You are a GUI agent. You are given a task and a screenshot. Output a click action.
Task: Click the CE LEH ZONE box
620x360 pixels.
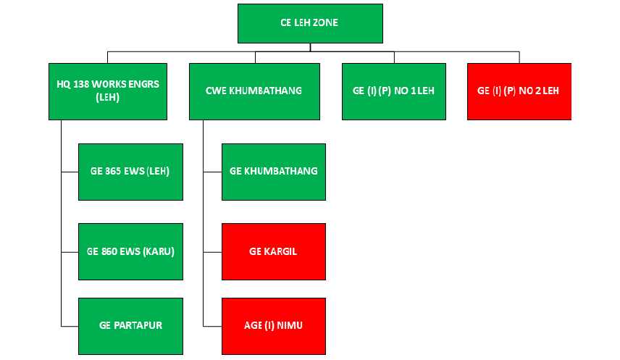point(310,23)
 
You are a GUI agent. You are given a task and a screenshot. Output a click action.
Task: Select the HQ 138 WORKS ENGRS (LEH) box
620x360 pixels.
point(108,91)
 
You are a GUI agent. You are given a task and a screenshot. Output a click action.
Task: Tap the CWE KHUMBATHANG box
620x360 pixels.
point(254,91)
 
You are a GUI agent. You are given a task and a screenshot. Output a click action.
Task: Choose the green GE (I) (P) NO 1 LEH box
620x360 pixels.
point(394,91)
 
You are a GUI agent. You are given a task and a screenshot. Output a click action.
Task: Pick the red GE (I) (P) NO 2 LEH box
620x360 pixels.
point(519,91)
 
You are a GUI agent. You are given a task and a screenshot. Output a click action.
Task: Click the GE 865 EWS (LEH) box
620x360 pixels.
point(130,172)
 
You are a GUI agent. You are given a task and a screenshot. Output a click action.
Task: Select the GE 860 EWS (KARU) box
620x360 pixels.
point(130,251)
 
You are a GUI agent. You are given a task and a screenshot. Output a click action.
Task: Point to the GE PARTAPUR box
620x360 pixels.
point(130,326)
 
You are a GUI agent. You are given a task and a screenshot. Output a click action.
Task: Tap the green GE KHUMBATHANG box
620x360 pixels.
point(274,172)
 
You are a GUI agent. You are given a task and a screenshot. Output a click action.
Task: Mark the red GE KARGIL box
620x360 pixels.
point(274,251)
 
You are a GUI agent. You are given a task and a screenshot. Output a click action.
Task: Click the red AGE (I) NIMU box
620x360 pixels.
point(274,326)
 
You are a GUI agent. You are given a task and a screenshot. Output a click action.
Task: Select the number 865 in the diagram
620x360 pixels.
point(114,171)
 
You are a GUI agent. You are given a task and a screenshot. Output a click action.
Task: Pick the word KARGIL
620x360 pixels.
point(282,251)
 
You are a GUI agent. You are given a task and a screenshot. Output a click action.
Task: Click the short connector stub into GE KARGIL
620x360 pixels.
point(213,252)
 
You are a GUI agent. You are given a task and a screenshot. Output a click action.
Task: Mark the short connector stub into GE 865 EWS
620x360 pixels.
point(70,172)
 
